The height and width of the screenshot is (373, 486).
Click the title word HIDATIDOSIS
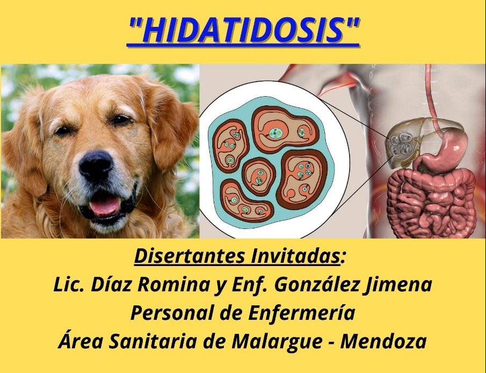point(243,31)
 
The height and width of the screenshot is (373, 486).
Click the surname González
point(317,284)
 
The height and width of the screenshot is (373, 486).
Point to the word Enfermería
point(302,313)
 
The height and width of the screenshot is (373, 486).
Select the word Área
point(81,340)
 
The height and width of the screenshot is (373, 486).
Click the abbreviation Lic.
point(69,284)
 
